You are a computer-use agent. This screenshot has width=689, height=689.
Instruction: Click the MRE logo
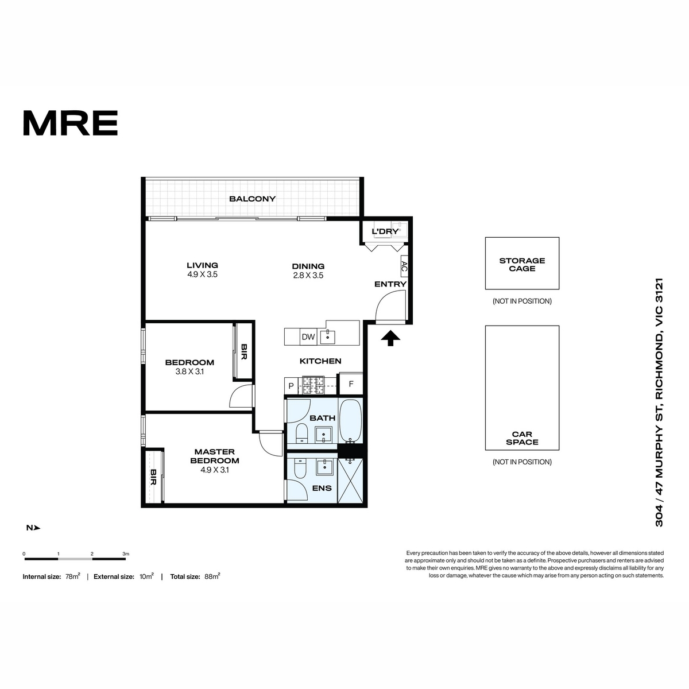[x=71, y=123]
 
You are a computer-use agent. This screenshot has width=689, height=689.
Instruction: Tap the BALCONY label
[x=253, y=199]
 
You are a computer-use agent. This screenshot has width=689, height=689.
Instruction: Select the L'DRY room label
[x=385, y=231]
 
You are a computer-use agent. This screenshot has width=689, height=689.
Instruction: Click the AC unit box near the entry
[x=404, y=266]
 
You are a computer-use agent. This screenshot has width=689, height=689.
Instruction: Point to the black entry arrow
[x=390, y=338]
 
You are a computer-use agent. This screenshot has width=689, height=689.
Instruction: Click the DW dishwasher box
[x=308, y=337]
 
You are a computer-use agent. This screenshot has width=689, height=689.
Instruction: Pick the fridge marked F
[x=351, y=384]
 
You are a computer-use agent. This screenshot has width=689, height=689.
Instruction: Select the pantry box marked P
[x=291, y=386]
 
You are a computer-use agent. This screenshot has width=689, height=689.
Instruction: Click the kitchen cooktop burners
[x=313, y=385]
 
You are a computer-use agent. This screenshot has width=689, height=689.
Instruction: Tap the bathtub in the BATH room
[x=350, y=421]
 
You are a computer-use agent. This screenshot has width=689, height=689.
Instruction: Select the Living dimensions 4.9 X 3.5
[x=202, y=274]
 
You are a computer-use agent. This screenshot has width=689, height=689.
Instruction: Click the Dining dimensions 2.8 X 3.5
[x=308, y=276]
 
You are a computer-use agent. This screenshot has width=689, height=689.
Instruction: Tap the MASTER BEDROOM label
[x=215, y=456]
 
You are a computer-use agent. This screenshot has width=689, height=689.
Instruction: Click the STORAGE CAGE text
[x=522, y=265]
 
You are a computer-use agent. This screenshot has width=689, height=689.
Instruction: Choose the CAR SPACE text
[x=522, y=438]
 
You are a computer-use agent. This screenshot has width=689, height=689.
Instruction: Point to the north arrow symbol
[x=37, y=528]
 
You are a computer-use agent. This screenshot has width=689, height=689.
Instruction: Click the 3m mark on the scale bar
[x=126, y=554]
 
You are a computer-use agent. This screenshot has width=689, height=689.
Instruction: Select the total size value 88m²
[x=212, y=576]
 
